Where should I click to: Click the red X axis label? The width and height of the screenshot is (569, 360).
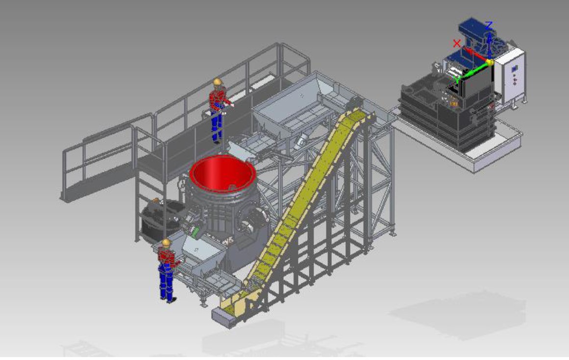[x=457, y=44]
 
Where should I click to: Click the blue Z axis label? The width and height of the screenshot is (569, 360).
[x=489, y=25]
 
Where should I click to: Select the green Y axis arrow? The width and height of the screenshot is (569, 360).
[x=472, y=70]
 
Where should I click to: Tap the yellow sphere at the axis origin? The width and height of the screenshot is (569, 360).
[x=490, y=62]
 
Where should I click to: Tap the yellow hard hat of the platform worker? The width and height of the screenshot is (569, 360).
[x=218, y=82]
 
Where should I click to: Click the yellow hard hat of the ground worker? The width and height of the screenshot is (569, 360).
[x=166, y=242]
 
